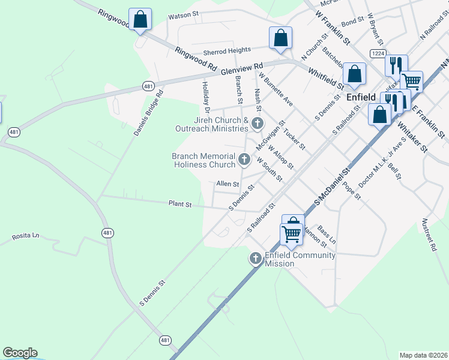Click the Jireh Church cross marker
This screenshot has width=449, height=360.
[258, 124]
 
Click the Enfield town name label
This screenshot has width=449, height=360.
[361, 97]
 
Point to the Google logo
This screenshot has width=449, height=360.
[20, 353]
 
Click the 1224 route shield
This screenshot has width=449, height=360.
[378, 54]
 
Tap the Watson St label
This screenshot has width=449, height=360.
[183, 15]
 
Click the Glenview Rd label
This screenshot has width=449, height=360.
[243, 69]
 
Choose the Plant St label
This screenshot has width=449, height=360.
[179, 205]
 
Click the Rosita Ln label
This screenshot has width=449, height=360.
[25, 237]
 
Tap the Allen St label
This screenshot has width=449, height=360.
[228, 184]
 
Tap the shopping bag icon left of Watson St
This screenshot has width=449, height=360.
[140, 19]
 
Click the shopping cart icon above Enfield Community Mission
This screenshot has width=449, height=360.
[291, 233]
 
